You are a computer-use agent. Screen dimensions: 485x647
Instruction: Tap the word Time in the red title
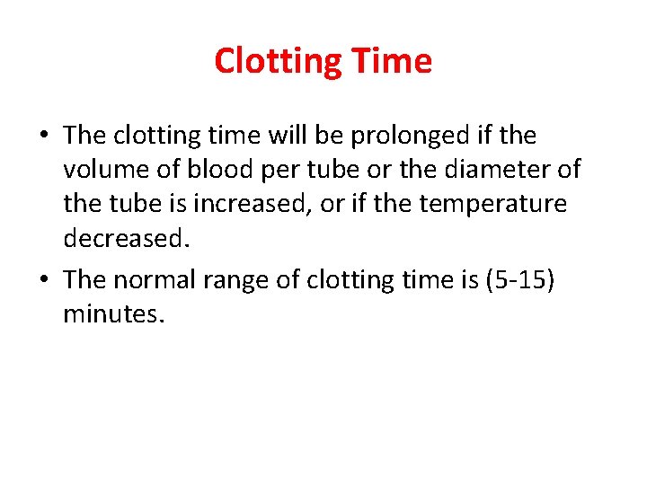(x=393, y=61)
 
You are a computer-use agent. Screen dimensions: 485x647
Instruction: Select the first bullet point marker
(x=44, y=137)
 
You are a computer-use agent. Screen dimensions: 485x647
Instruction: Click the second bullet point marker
(x=44, y=280)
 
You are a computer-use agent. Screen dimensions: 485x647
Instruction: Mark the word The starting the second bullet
(x=85, y=280)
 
